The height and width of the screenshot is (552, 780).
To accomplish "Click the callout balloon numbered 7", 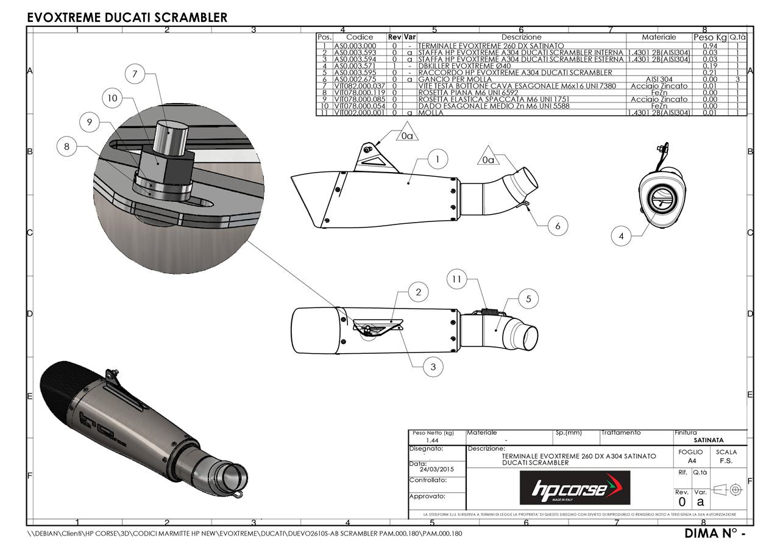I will (x=135, y=74).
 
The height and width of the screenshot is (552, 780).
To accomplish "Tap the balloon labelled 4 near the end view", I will (x=621, y=236).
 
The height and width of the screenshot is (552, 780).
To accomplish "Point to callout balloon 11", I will (x=456, y=280).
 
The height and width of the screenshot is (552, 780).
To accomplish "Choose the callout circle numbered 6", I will (x=557, y=226).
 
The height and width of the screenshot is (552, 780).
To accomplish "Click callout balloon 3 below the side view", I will (x=433, y=367).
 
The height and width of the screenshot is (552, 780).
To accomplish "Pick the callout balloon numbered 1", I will (x=438, y=160).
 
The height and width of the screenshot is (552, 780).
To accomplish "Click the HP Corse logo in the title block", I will (x=575, y=488).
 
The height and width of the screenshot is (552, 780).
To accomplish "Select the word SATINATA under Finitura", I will (x=709, y=440).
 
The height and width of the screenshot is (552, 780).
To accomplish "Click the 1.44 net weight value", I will (x=432, y=440).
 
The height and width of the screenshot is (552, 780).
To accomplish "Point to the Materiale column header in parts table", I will (x=659, y=37).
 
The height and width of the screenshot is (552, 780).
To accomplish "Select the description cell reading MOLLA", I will (x=431, y=113).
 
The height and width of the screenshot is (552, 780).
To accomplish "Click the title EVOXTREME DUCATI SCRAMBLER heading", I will (x=127, y=18).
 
